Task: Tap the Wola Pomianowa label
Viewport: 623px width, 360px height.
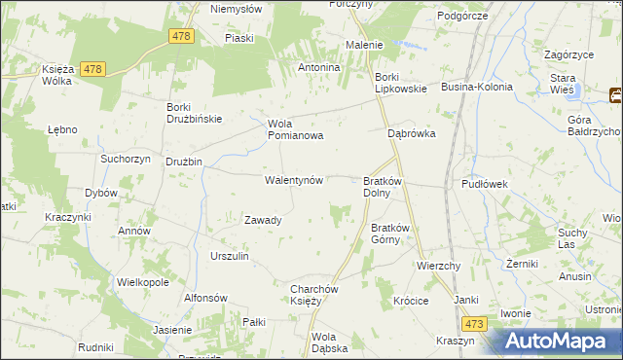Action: click(x=295, y=129)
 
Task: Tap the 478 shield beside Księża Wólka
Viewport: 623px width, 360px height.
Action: click(x=92, y=69)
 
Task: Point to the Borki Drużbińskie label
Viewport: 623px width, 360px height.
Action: click(x=195, y=113)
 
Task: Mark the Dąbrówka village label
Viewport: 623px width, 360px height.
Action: click(x=412, y=134)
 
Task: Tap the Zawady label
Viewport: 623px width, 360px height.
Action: click(x=263, y=220)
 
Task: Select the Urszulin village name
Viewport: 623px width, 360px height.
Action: click(x=230, y=256)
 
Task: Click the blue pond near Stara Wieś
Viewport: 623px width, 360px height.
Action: click(x=578, y=91)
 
